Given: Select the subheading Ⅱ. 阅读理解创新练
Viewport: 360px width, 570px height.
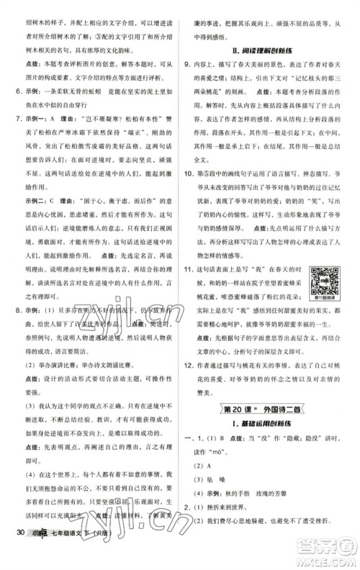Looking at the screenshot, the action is [269, 51].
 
